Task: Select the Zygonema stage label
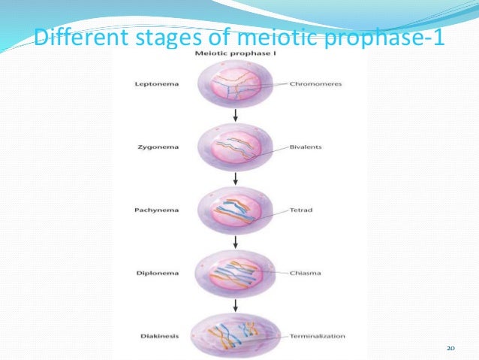pyautogui.click(x=157, y=147)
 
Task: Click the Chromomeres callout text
pyautogui.click(x=315, y=84)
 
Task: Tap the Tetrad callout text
pyautogui.click(x=300, y=210)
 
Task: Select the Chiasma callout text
pyautogui.click(x=303, y=273)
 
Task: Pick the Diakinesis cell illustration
pyautogui.click(x=236, y=334)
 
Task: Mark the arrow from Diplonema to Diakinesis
pyautogui.click(x=236, y=304)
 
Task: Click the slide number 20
pyautogui.click(x=451, y=348)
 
